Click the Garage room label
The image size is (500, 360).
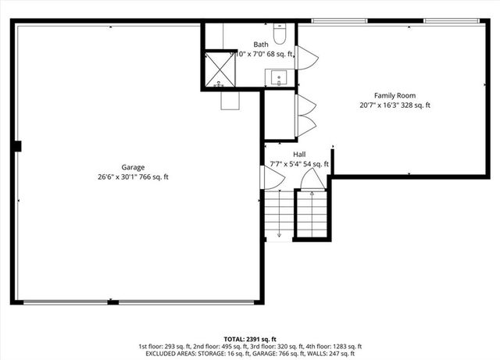click(x=133, y=167)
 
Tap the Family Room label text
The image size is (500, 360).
click(x=395, y=95)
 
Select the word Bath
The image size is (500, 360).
click(x=261, y=45)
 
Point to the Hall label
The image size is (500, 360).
click(x=299, y=155)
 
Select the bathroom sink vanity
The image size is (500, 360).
click(x=279, y=78)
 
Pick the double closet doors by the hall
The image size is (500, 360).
click(x=305, y=116)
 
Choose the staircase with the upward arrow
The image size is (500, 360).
click(x=312, y=211)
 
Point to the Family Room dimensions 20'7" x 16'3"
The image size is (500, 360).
click(x=395, y=105)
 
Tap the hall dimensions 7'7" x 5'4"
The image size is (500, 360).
click(x=299, y=164)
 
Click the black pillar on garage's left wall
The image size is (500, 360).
click(x=17, y=145)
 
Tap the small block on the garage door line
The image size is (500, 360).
click(x=112, y=301)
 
